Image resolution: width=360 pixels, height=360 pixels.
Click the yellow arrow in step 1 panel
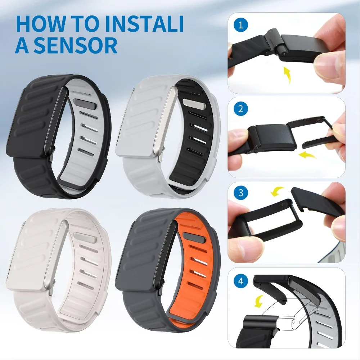click(287, 74)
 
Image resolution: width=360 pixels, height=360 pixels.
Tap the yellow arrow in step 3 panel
click(278, 191)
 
